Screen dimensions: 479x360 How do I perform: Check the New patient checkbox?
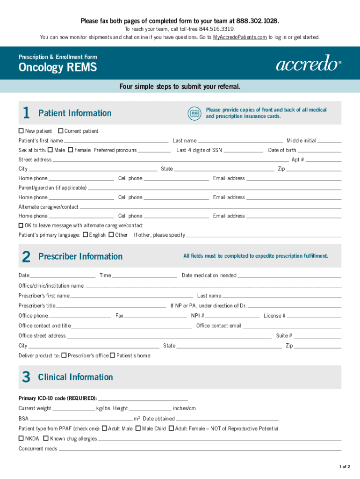(x=21, y=131)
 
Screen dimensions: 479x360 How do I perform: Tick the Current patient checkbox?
(x=60, y=131)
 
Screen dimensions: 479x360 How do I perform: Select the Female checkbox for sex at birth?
(x=70, y=150)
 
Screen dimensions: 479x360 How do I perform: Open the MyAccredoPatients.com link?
(x=240, y=37)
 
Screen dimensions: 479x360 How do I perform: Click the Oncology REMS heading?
(x=58, y=68)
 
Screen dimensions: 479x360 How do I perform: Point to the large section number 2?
(x=26, y=256)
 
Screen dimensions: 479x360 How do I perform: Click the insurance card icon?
(x=194, y=113)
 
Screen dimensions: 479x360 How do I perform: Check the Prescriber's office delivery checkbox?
(x=64, y=356)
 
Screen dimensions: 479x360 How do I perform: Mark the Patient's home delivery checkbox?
(x=113, y=356)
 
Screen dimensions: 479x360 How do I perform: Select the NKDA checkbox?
(x=21, y=438)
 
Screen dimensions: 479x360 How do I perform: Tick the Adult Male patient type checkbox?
(x=104, y=428)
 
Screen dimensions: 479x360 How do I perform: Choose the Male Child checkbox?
(x=138, y=428)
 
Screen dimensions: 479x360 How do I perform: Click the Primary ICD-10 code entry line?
(x=143, y=398)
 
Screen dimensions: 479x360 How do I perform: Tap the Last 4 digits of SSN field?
(x=243, y=151)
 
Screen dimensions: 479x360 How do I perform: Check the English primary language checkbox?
(x=85, y=235)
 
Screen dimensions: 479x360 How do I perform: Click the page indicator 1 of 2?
(x=345, y=467)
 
